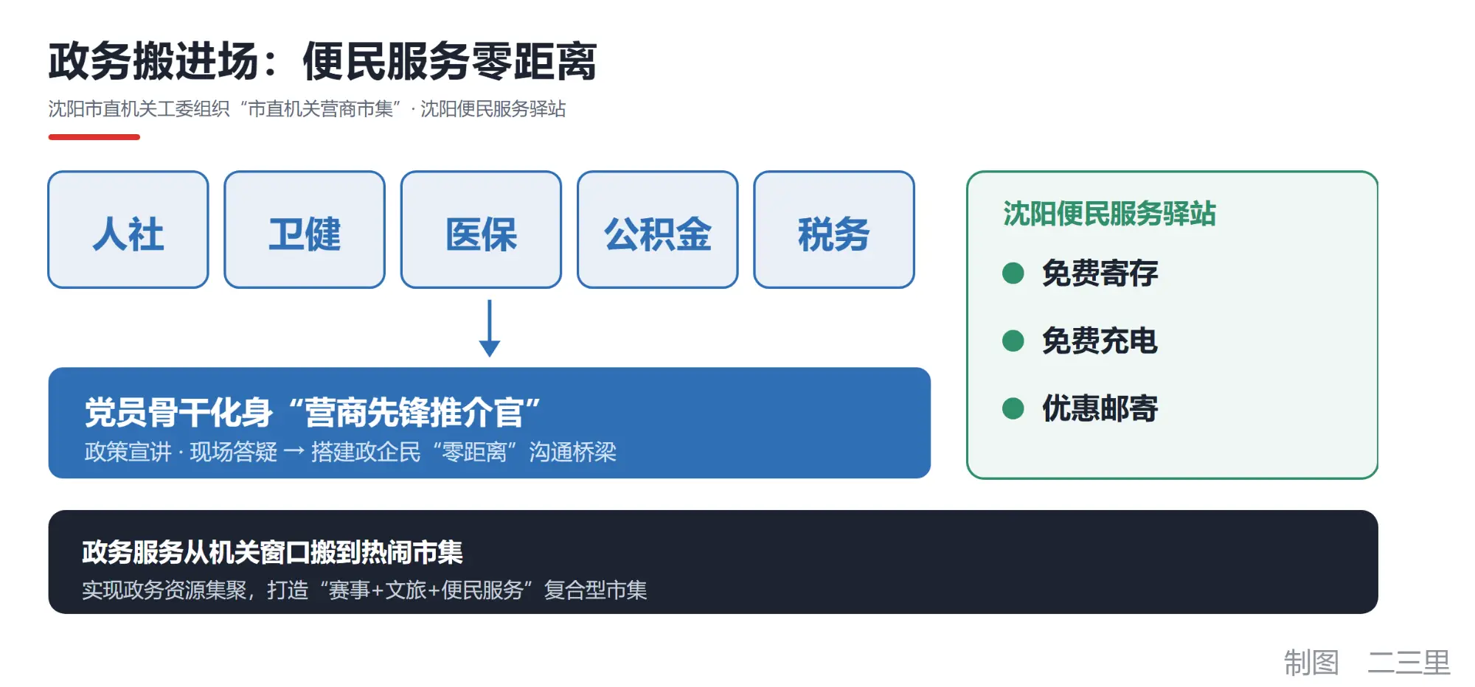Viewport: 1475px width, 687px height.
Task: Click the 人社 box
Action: [128, 229]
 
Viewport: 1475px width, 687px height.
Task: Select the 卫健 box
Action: [305, 229]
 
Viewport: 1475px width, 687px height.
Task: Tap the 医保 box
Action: [481, 229]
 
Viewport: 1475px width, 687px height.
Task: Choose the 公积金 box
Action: [658, 229]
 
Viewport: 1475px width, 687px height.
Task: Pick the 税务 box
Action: [834, 229]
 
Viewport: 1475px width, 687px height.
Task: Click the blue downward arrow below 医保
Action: [490, 328]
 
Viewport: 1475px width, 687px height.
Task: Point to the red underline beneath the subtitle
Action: [94, 137]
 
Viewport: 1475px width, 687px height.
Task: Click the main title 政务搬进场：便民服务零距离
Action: [322, 60]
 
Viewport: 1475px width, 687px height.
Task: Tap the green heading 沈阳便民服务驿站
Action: [1109, 214]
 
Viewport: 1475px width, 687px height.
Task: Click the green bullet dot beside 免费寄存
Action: [1013, 273]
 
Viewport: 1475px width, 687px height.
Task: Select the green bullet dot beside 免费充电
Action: [1013, 341]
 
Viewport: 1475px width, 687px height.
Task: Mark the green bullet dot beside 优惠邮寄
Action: [1013, 408]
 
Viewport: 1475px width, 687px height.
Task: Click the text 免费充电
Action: [1100, 341]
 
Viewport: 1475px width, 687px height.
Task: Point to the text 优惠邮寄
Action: [1100, 408]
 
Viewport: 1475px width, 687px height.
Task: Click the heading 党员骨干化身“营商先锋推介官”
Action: [313, 412]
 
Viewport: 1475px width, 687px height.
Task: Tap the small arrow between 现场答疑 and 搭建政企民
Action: [294, 451]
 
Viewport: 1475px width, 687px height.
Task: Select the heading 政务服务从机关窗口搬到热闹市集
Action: [272, 552]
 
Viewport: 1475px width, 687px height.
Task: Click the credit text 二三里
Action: [1409, 662]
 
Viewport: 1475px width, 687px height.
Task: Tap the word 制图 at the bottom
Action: [1311, 662]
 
